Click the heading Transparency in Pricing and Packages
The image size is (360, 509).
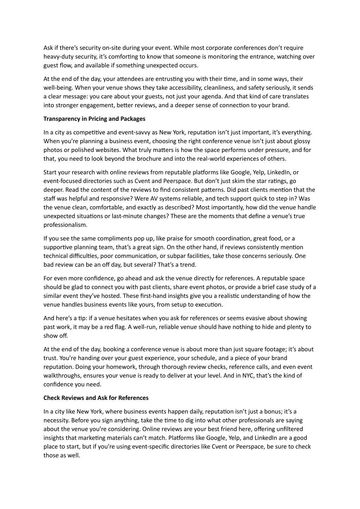[x=94, y=119]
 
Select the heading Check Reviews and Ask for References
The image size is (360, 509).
[x=96, y=398]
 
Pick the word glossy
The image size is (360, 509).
[x=301, y=141]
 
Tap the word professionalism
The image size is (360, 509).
[x=65, y=225]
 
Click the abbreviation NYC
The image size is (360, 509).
[x=247, y=376]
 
